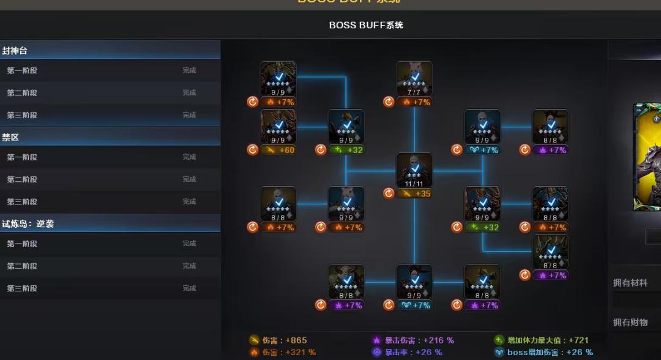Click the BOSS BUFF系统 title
(x=366, y=25)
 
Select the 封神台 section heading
(x=15, y=51)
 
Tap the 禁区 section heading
(x=10, y=137)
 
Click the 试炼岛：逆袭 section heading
(x=28, y=224)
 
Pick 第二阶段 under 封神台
(x=22, y=93)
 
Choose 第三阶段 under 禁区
(x=22, y=202)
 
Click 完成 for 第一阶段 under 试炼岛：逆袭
(x=189, y=244)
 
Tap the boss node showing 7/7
(x=414, y=79)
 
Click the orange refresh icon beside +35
(x=389, y=193)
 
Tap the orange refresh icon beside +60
(x=253, y=150)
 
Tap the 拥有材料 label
(x=630, y=283)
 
